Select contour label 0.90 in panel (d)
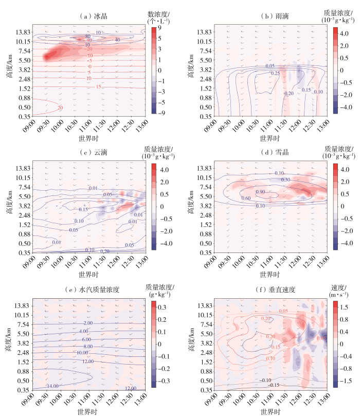tap(260, 192)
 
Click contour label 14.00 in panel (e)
tap(53, 386)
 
